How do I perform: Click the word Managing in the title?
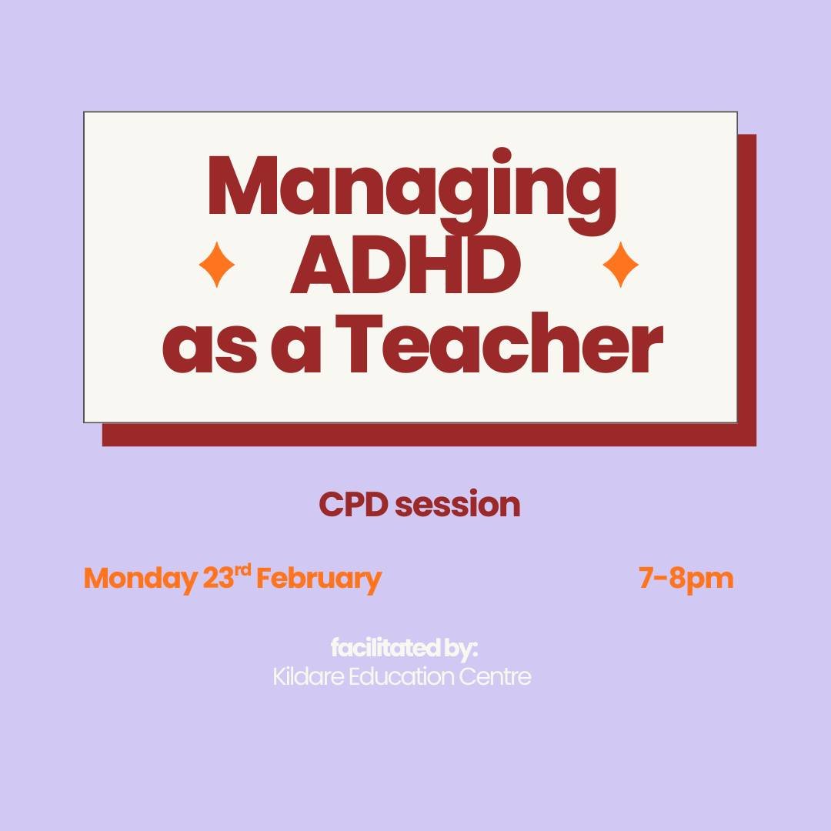coord(412,189)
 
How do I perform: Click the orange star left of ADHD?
coord(217,265)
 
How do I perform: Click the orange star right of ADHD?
coord(620,265)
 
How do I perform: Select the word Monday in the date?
coord(139,579)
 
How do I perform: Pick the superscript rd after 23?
coord(243,571)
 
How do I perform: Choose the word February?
coord(319,579)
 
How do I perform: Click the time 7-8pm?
coord(686,579)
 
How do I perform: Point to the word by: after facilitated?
coord(461,649)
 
